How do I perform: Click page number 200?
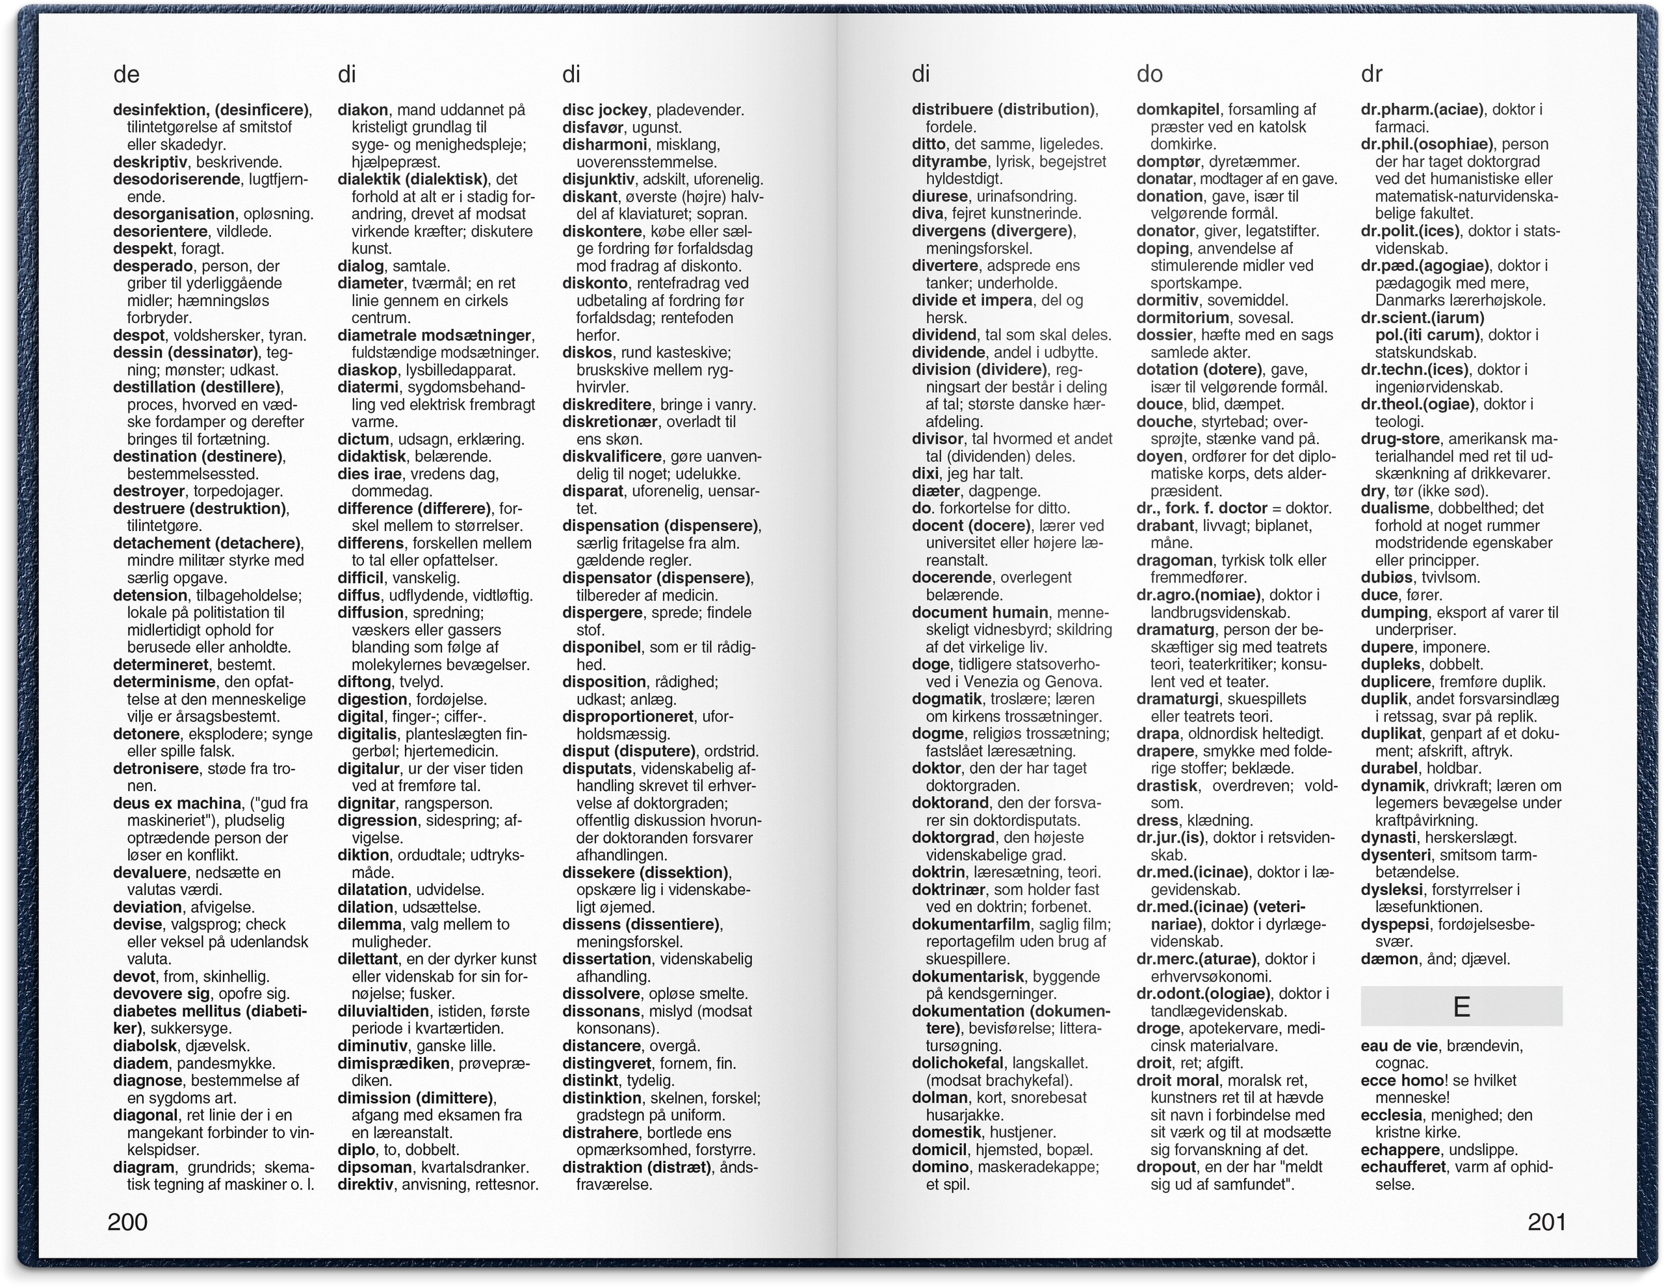127,1221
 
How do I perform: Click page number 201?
1546,1221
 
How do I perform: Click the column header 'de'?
127,75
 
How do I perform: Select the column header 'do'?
1149,75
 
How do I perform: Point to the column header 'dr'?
1371,75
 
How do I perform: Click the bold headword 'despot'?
138,335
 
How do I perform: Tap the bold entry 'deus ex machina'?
177,803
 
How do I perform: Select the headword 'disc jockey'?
604,110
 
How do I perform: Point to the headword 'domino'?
940,1167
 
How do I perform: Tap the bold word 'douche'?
1164,421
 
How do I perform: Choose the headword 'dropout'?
1165,1167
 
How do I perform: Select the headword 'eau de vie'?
1399,1045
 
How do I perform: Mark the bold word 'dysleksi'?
1391,889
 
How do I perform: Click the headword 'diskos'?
587,352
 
